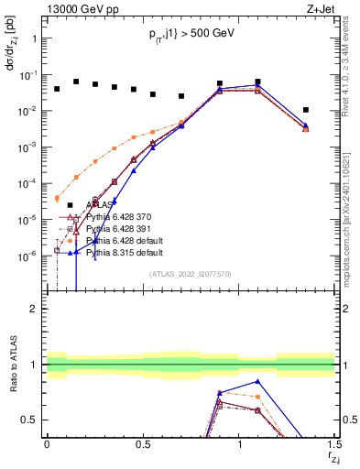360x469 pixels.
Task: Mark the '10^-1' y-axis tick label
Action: click(27, 75)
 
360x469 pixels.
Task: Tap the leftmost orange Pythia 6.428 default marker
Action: click(57, 198)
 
